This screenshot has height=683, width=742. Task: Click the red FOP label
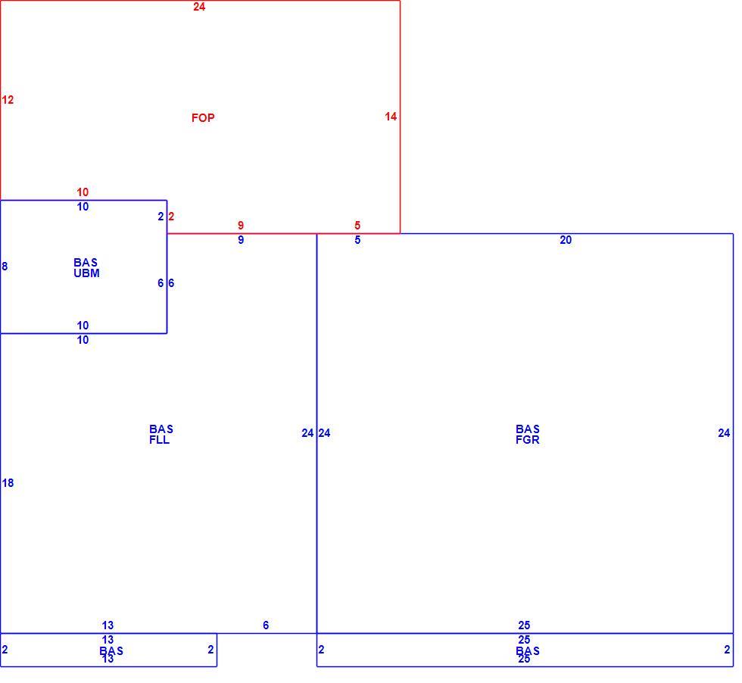(203, 118)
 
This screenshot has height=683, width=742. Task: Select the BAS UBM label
(86, 268)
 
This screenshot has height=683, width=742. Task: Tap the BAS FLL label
(161, 434)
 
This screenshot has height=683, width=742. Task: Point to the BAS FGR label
(528, 434)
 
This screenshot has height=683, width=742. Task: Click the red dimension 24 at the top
(199, 7)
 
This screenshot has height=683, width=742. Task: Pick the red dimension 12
(8, 100)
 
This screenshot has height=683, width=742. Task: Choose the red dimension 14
(391, 117)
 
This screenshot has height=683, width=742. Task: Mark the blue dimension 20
(566, 240)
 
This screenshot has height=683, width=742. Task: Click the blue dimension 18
(8, 483)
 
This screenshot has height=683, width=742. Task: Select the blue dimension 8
(5, 267)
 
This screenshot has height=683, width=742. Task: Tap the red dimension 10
(83, 192)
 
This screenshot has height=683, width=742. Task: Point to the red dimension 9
(241, 226)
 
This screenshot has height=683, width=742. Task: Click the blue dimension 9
(241, 240)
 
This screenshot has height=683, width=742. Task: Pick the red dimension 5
(357, 226)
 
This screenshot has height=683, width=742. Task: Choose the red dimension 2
(171, 217)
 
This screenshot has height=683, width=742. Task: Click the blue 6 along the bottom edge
(266, 625)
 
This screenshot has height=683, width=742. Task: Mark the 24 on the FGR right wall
(724, 433)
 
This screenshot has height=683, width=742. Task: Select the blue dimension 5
(357, 240)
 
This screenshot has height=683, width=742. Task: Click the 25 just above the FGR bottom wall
(524, 625)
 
